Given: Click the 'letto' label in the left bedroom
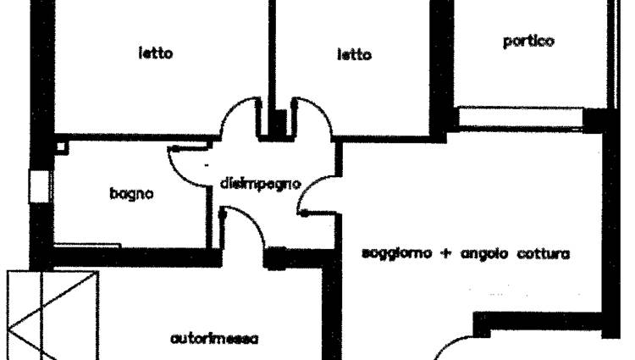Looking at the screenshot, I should [x=156, y=53].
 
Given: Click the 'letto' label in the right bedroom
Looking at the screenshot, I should [x=354, y=55].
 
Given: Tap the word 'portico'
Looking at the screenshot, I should [x=528, y=41].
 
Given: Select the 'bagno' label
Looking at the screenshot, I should [x=131, y=194].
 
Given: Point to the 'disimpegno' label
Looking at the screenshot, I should [x=260, y=183].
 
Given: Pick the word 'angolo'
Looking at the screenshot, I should [x=485, y=254].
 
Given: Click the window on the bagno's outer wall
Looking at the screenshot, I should [x=37, y=186].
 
